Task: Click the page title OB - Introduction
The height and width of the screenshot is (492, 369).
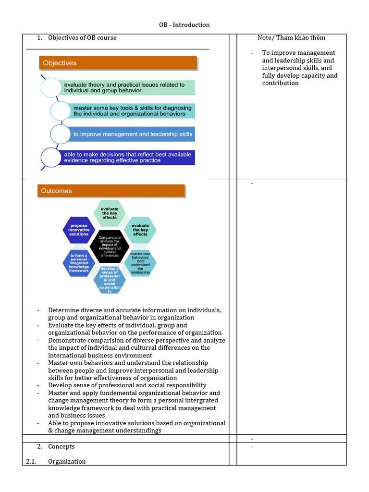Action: (184, 25)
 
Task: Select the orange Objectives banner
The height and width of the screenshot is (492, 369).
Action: (118, 63)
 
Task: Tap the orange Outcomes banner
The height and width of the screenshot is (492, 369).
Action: (111, 191)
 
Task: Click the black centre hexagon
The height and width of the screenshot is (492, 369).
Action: (110, 246)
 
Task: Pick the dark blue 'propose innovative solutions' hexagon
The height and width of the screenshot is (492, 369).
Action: (79, 230)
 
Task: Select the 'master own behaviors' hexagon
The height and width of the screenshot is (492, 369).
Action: (140, 263)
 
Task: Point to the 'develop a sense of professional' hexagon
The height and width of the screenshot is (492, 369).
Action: (110, 280)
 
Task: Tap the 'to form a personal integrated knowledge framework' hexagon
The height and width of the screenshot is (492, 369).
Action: (79, 263)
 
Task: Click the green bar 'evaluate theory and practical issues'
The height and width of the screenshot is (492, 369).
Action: (129, 87)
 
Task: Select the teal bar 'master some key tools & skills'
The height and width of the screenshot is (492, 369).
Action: (133, 111)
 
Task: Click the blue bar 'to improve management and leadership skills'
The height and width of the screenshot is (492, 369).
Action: (133, 134)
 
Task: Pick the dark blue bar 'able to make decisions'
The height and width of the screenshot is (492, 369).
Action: (129, 158)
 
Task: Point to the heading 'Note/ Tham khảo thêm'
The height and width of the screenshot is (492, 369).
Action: (291, 38)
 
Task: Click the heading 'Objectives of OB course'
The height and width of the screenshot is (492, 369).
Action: (82, 38)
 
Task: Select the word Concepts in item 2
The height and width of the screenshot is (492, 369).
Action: (61, 446)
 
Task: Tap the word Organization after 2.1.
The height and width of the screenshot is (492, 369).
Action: (67, 461)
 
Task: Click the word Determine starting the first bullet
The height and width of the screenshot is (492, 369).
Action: (64, 310)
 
